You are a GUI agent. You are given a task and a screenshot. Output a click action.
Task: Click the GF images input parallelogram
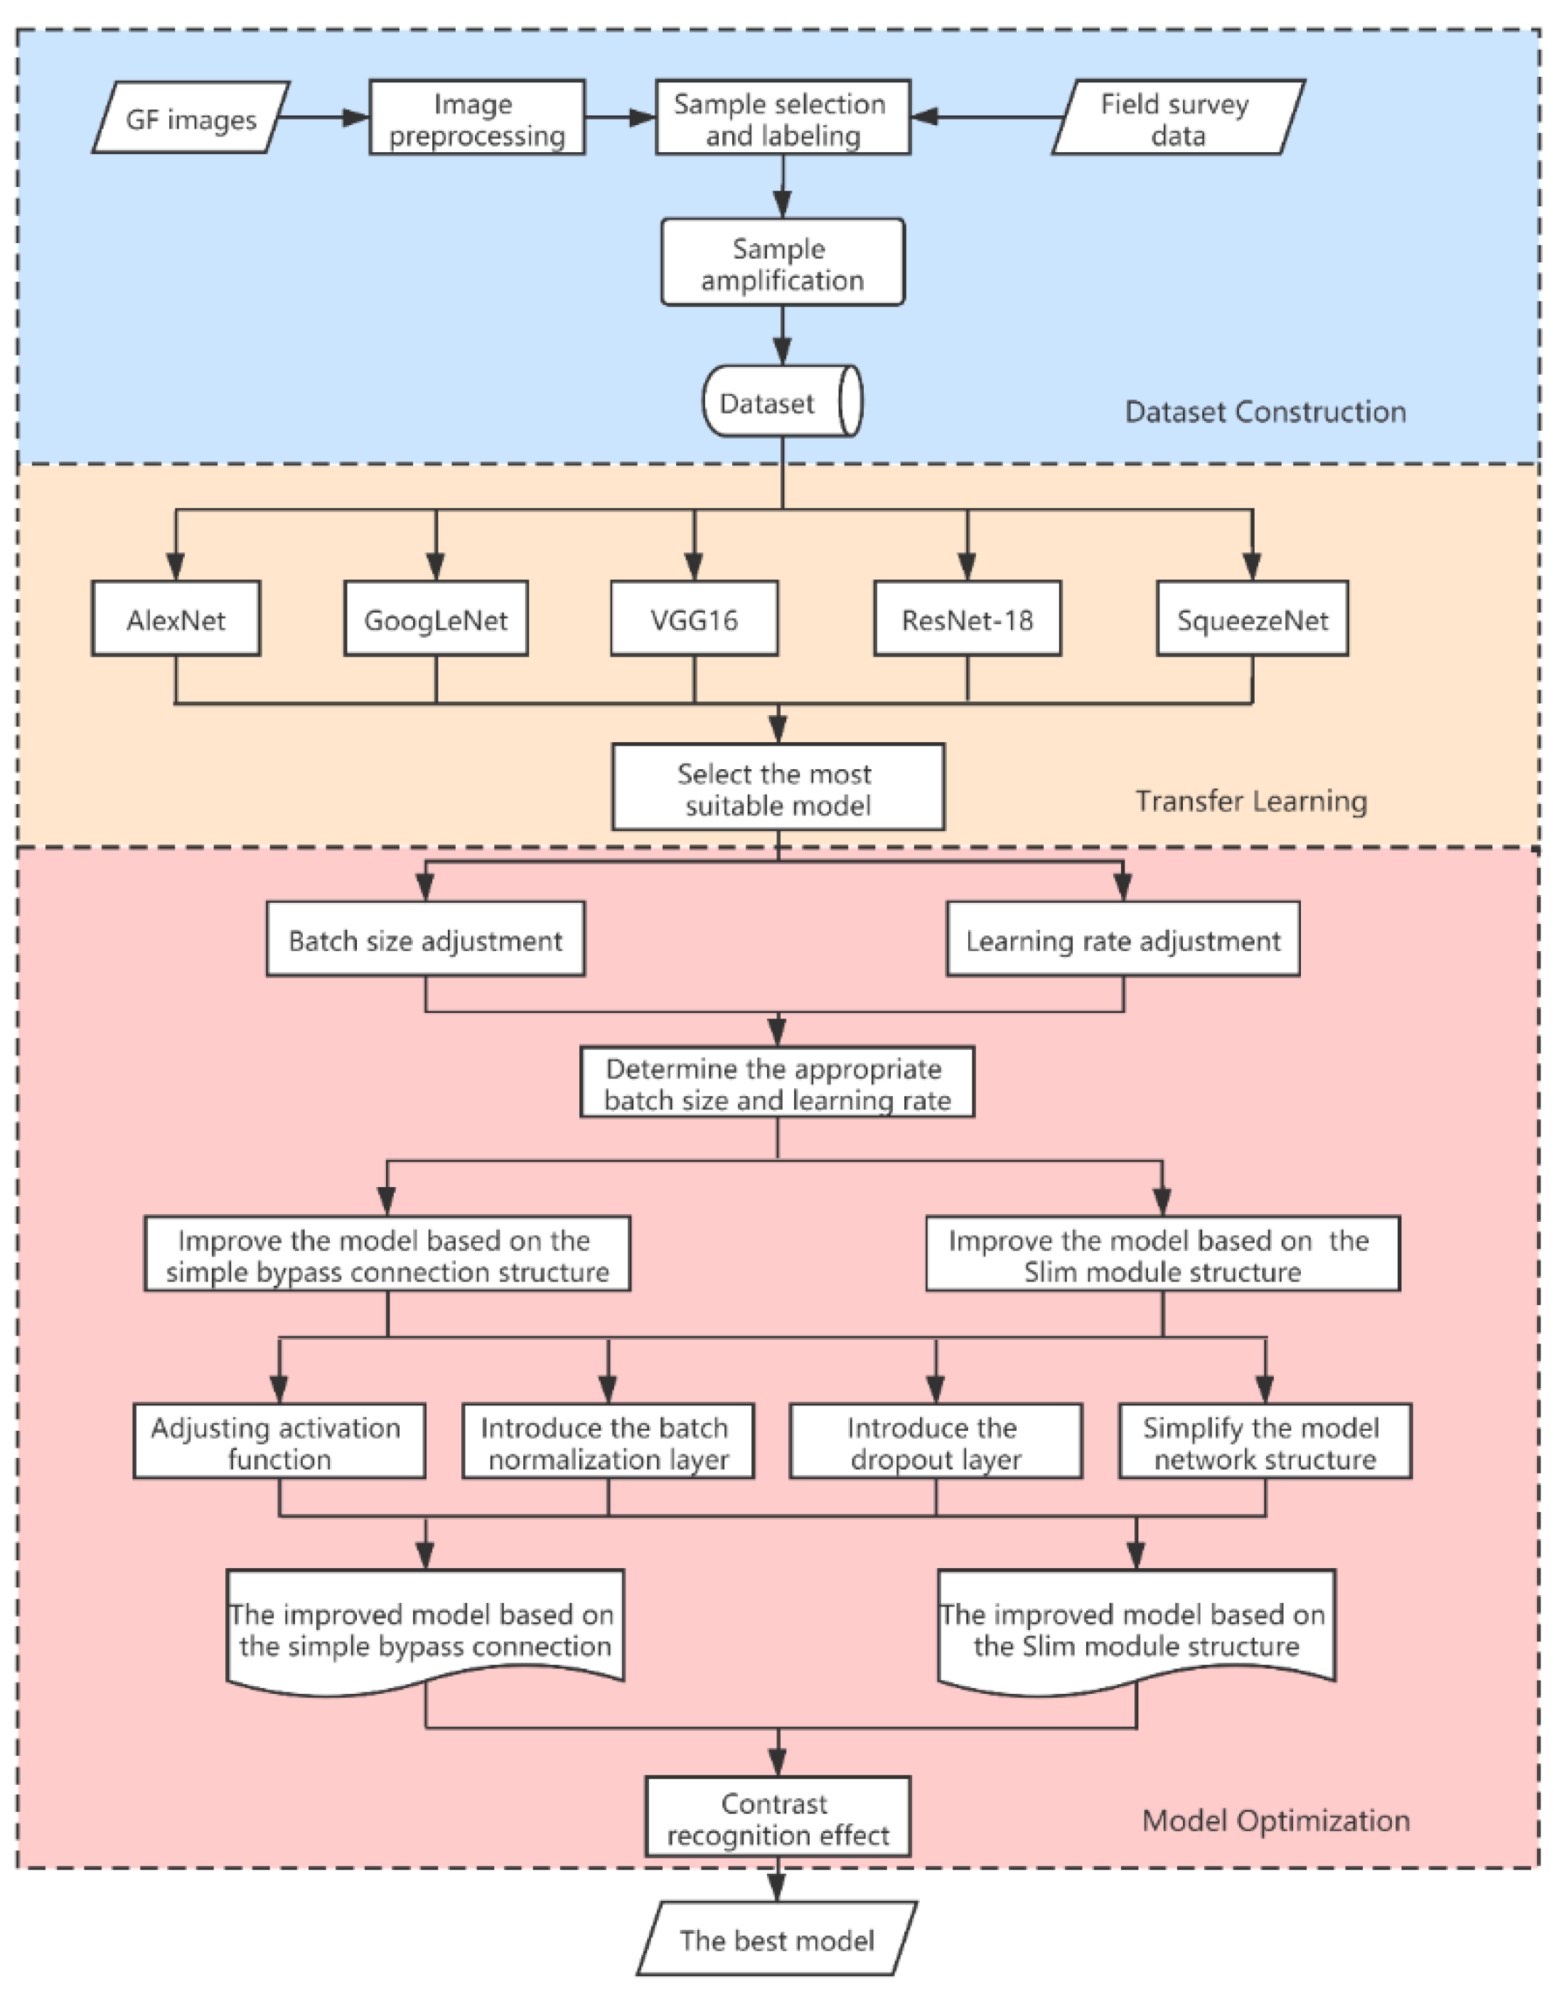point(191,118)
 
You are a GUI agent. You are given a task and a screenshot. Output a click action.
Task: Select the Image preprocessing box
point(476,118)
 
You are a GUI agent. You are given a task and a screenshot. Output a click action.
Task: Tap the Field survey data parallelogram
point(1177,118)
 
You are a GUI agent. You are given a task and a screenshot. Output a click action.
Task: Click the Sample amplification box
point(783,262)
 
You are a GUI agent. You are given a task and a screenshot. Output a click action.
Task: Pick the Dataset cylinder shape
point(781,402)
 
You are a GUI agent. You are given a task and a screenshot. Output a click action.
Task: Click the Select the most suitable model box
point(777,788)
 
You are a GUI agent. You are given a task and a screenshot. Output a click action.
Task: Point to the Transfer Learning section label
point(1250,802)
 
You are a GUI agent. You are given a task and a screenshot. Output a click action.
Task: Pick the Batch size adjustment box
point(425,940)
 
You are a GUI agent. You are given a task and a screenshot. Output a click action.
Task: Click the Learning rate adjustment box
point(1122,940)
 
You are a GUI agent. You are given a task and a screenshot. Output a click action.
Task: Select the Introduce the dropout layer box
point(935,1443)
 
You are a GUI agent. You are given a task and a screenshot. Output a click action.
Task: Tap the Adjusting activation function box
point(279,1443)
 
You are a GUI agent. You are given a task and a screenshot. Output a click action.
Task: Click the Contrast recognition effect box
point(777,1819)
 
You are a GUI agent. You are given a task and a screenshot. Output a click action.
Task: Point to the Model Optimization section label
point(1275,1820)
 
